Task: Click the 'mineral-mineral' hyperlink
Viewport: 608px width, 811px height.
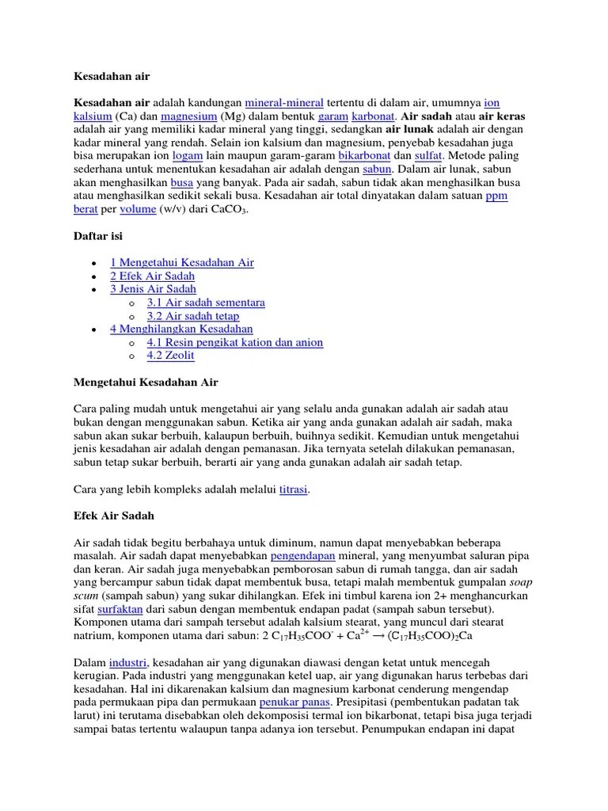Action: tap(284, 103)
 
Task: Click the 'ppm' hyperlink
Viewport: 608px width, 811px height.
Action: tap(496, 197)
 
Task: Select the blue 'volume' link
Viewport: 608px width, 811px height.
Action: tap(139, 211)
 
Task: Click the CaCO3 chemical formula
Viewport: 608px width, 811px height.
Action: tap(229, 211)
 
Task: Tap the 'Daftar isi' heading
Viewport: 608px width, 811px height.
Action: tap(98, 236)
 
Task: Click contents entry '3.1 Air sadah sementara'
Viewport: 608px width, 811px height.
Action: tap(206, 303)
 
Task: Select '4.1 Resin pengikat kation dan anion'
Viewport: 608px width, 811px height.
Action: tap(235, 342)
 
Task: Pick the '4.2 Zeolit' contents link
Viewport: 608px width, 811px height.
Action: tap(170, 356)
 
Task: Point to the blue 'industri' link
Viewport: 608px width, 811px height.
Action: tap(127, 662)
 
